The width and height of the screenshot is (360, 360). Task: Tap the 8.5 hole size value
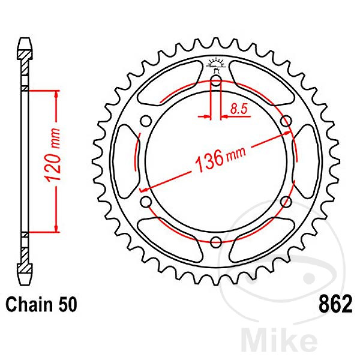click(238, 109)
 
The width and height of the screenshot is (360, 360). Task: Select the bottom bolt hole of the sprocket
click(216, 242)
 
